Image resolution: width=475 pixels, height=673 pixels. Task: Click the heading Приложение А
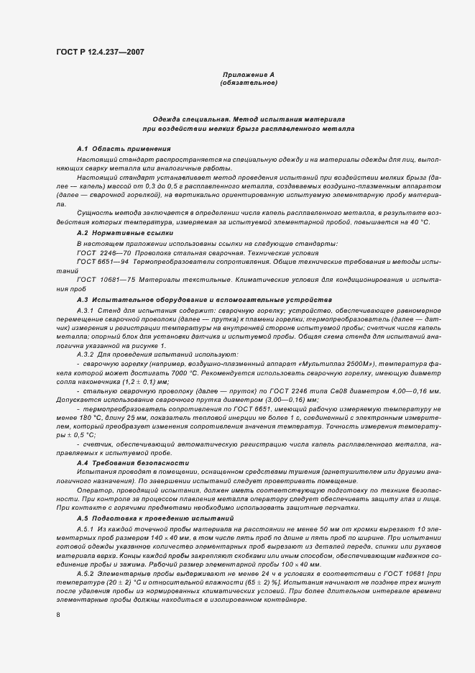pos(248,75)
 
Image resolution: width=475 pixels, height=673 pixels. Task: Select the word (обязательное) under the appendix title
pos(248,83)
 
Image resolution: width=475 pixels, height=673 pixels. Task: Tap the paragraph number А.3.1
pos(87,309)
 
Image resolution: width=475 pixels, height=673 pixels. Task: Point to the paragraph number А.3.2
pos(87,354)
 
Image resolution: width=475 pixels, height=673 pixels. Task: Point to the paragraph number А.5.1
pos(87,528)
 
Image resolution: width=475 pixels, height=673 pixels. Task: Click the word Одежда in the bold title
pos(167,118)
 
